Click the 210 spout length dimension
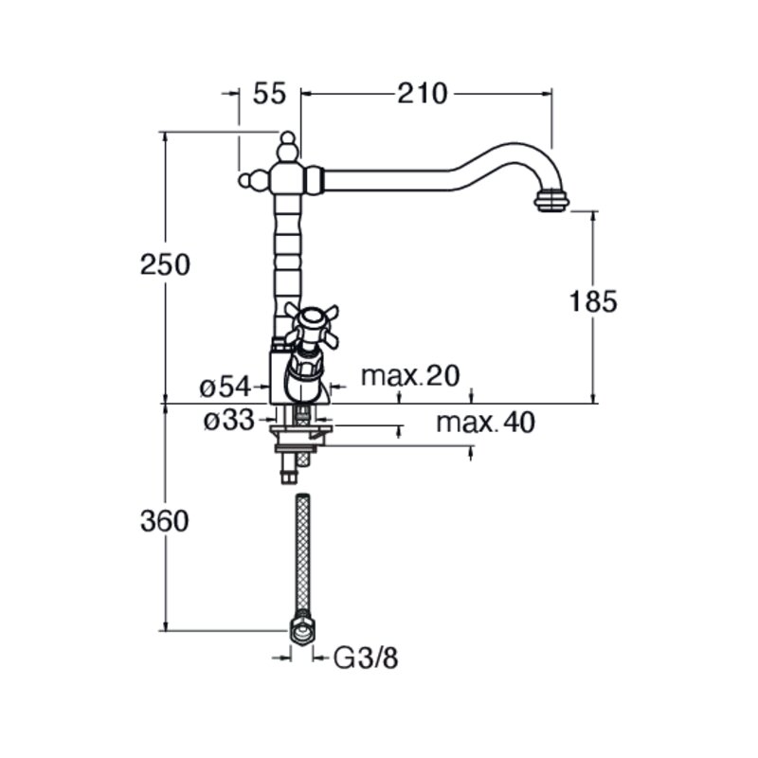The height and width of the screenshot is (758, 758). [x=423, y=93]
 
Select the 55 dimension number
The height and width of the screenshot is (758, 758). [x=269, y=93]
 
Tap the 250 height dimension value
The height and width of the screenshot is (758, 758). [x=165, y=265]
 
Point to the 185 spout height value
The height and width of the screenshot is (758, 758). [x=593, y=301]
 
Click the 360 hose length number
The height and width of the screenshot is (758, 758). [x=164, y=522]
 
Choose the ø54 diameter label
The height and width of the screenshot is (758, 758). [x=226, y=388]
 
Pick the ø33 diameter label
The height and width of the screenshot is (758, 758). [x=228, y=421]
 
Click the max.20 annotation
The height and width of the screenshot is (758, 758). [x=410, y=375]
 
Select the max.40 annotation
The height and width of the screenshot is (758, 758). [x=485, y=422]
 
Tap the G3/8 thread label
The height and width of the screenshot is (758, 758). [x=366, y=658]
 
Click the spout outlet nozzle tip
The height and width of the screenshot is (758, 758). [x=551, y=201]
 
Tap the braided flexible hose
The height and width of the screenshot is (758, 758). [x=302, y=552]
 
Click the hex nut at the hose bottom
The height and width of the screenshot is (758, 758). [x=301, y=629]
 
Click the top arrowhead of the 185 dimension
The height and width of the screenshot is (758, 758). [x=594, y=217]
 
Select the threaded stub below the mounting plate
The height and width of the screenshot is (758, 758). [x=289, y=468]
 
